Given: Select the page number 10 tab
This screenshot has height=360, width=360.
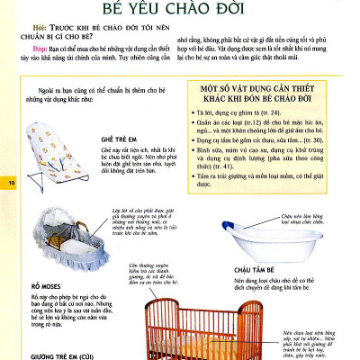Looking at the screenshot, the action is [x=12, y=184].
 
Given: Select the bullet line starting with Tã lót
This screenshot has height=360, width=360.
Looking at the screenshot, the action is [x=252, y=113].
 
